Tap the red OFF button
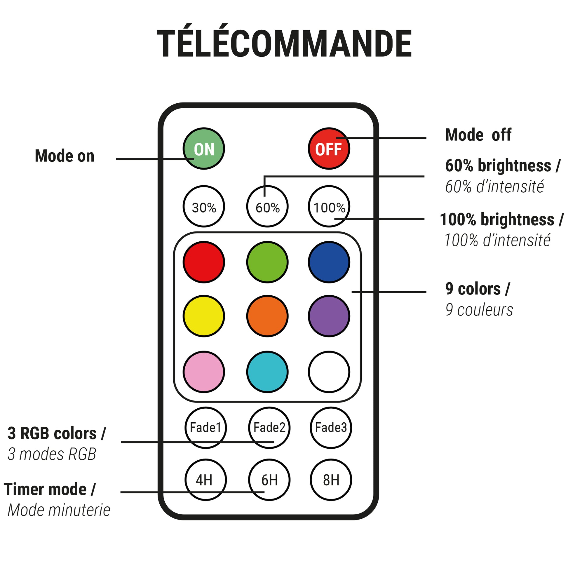(x=329, y=149)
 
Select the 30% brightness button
(x=204, y=206)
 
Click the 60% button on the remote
(x=267, y=206)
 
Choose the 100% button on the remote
(x=329, y=206)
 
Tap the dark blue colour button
(x=329, y=262)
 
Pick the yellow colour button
(x=204, y=316)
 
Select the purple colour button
(x=329, y=316)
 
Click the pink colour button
(x=204, y=372)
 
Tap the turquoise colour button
(x=267, y=372)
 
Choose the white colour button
(x=329, y=372)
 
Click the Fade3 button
(x=331, y=428)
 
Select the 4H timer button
(x=205, y=480)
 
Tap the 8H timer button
(x=331, y=480)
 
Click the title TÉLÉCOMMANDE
(x=284, y=44)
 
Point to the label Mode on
(x=65, y=156)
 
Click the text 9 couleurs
(x=479, y=310)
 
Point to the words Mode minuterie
(x=59, y=510)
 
